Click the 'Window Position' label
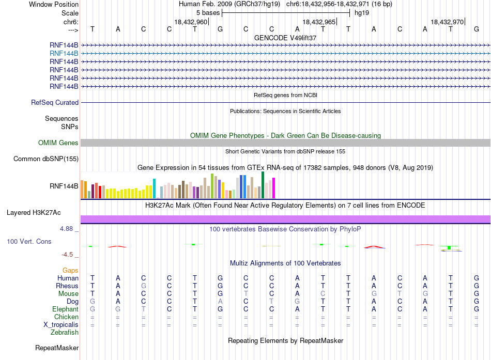tap(54, 4)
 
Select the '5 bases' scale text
tap(208, 13)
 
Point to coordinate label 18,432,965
tap(319, 22)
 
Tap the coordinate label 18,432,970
tap(447, 22)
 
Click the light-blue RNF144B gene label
tap(64, 54)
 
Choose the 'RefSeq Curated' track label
tap(55, 102)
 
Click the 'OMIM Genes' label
tap(58, 143)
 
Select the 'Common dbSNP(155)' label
tap(46, 159)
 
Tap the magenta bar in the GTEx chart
tap(273, 188)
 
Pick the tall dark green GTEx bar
tap(263, 185)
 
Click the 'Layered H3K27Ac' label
tap(34, 213)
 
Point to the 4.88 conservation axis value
tap(66, 229)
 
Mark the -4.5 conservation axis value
tap(67, 255)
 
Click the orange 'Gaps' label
tap(70, 270)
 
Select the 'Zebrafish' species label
tap(65, 332)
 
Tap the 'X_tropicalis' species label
tap(61, 325)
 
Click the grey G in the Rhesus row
tap(143, 286)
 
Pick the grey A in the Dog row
tap(220, 301)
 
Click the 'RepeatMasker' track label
tap(57, 348)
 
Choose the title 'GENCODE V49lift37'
tap(285, 38)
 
